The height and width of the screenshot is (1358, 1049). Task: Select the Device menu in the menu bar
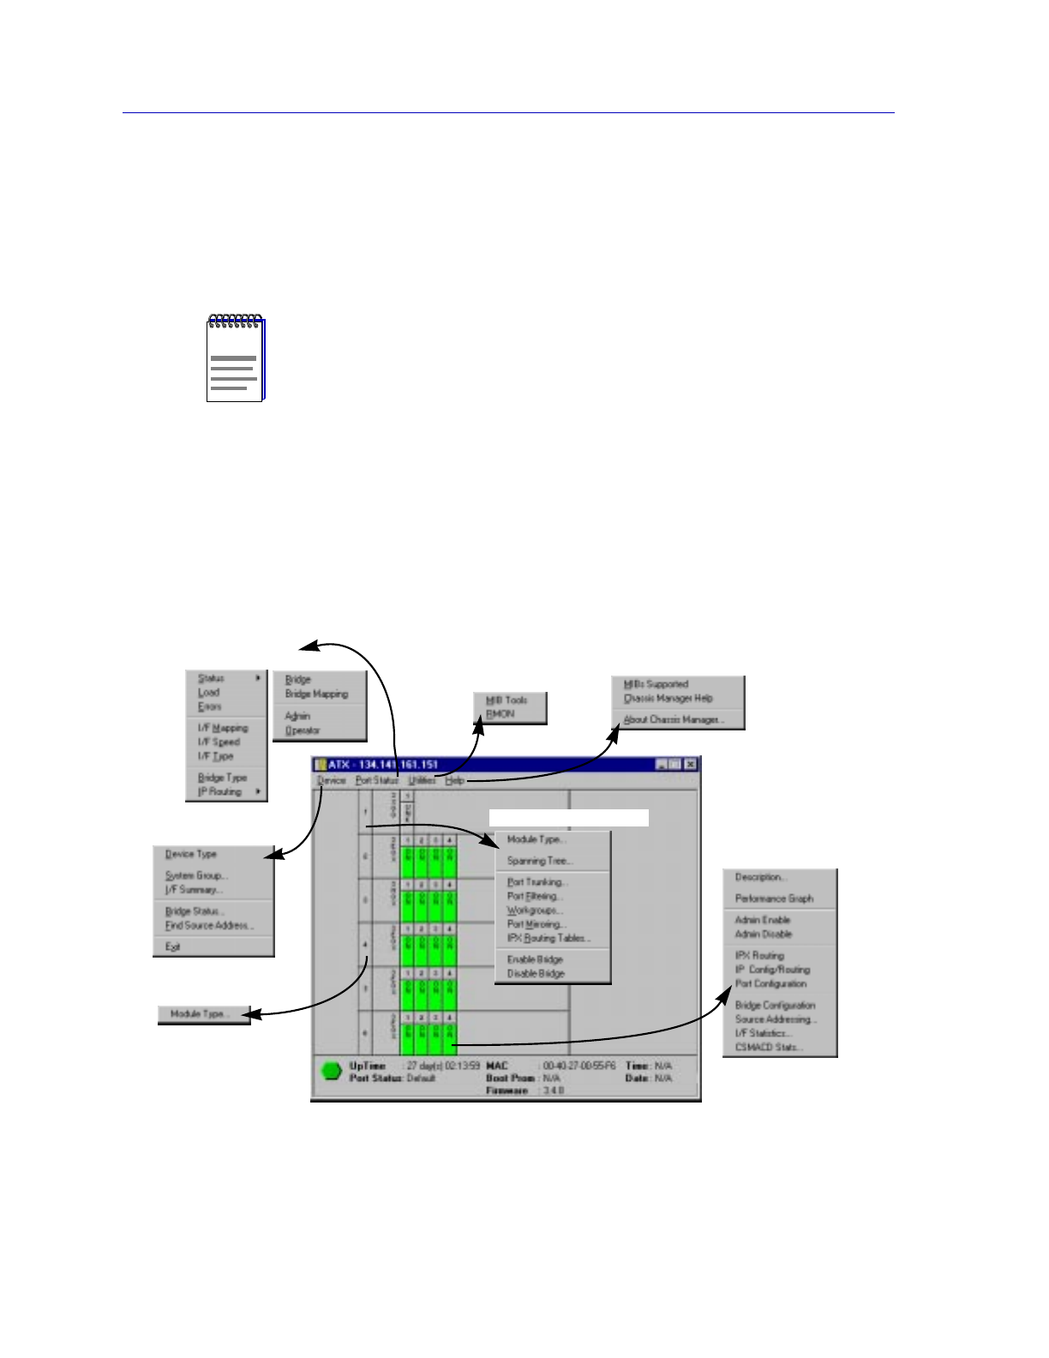tap(331, 780)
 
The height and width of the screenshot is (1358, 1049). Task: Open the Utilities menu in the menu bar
tap(422, 780)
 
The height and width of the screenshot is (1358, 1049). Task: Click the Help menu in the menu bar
tap(454, 780)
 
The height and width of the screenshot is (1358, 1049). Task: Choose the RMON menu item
tap(500, 714)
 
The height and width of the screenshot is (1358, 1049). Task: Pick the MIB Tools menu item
tap(507, 700)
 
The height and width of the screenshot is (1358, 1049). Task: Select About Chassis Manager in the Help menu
tap(674, 719)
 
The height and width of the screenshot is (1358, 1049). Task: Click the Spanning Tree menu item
tap(539, 861)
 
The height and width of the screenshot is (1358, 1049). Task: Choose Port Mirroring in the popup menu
tap(536, 924)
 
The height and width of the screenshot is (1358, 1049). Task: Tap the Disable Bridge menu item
tap(536, 974)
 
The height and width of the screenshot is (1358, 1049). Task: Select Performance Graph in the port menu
tap(774, 898)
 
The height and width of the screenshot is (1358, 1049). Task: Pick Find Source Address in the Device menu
tap(209, 926)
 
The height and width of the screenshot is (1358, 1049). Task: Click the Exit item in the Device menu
tap(173, 947)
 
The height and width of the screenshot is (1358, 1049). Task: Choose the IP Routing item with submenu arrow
tap(220, 792)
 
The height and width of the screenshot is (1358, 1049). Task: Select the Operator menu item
tap(303, 730)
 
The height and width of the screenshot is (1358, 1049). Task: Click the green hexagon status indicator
tap(332, 1071)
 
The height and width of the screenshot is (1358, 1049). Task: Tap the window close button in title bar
tap(690, 764)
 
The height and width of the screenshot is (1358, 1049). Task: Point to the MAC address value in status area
tap(578, 1066)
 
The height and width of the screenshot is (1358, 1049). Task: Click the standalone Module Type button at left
tap(204, 1014)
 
